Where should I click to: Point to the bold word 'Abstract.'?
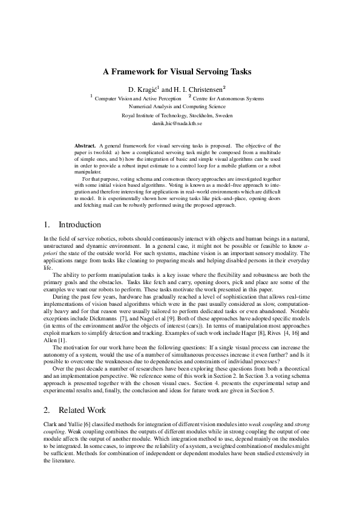(85, 146)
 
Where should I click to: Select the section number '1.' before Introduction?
(48, 225)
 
